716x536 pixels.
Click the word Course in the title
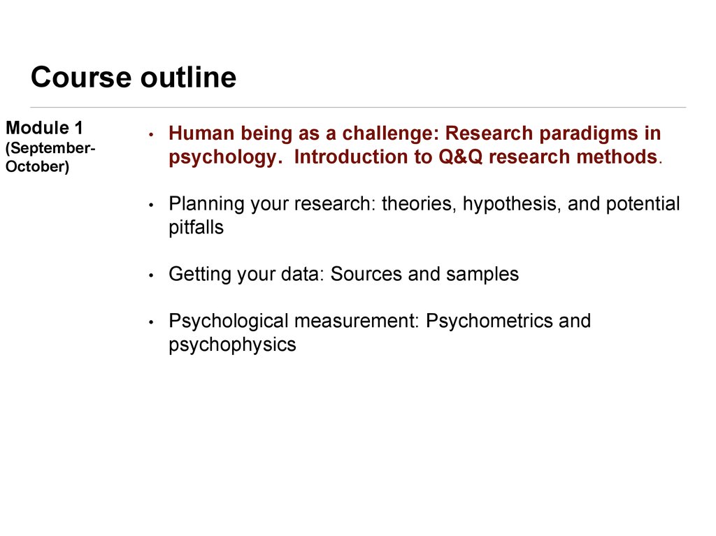pos(81,77)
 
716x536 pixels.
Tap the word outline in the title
pos(188,76)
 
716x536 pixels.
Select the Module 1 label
pos(44,128)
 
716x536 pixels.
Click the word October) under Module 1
pos(38,166)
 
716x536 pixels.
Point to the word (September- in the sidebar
pos(50,148)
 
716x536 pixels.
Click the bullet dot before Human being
pos(151,134)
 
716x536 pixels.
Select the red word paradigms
pos(589,133)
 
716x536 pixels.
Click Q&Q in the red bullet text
pos(460,157)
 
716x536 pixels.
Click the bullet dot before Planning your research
pos(151,205)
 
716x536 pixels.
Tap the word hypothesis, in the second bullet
pos(512,204)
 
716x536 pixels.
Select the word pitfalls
pos(196,227)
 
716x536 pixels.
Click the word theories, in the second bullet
pos(420,203)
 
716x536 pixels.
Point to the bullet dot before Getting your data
pos(151,275)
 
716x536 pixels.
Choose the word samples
pos(482,275)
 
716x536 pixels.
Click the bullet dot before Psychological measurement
pos(151,322)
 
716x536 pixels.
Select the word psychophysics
pos(232,345)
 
